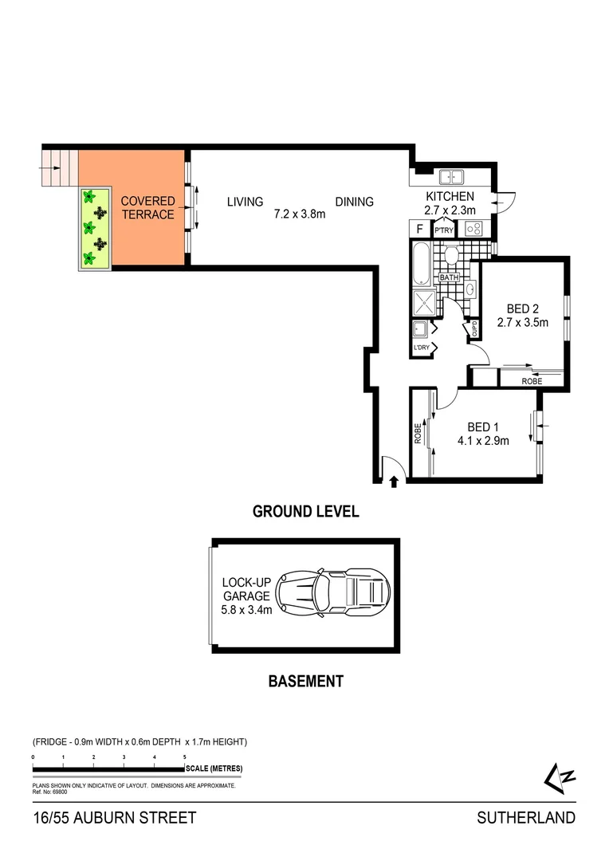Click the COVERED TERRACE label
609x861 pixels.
click(x=147, y=208)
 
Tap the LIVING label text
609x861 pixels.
click(x=245, y=202)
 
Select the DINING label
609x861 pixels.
click(x=354, y=202)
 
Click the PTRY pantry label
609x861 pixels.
click(x=443, y=230)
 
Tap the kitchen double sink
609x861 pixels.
click(x=451, y=177)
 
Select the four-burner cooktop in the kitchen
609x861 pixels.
click(x=475, y=229)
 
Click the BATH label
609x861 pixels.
click(x=449, y=277)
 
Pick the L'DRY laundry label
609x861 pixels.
click(x=421, y=348)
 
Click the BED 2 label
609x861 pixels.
click(x=523, y=309)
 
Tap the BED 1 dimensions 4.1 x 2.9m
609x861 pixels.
click(x=483, y=440)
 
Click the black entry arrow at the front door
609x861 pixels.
click(x=394, y=480)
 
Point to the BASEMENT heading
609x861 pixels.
click(x=305, y=681)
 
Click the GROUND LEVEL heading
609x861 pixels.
click(x=305, y=512)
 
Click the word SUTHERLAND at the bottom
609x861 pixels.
click(x=525, y=817)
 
